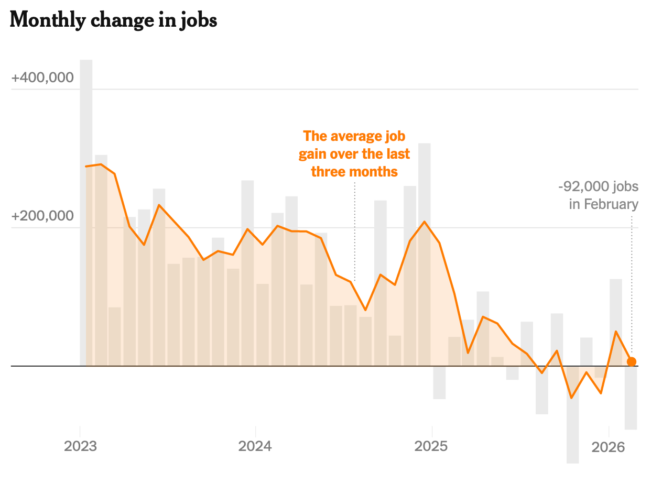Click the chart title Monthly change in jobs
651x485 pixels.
coord(113,20)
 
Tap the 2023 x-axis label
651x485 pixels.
coord(80,447)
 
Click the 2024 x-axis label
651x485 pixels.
coord(255,447)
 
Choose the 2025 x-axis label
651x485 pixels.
coord(431,447)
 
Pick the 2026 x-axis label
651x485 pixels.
coord(608,447)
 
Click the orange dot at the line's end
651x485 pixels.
coord(632,361)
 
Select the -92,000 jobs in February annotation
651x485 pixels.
coord(599,195)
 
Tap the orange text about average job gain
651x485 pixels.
coord(354,154)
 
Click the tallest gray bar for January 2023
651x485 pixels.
coord(86,210)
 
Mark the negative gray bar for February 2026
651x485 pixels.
coord(631,398)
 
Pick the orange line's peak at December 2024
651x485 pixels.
coord(425,222)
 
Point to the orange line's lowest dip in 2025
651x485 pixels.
coord(571,398)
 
